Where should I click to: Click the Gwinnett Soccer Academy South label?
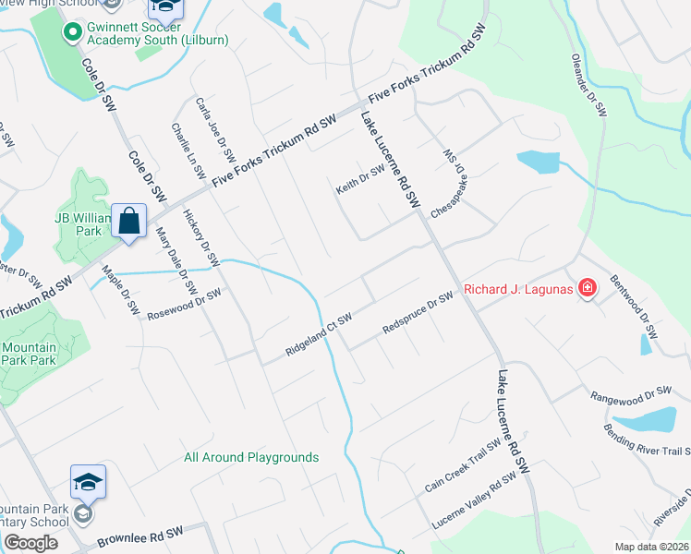click(157, 34)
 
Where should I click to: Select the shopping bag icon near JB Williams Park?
click(128, 222)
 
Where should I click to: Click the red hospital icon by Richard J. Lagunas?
click(586, 289)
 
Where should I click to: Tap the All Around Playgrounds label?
click(251, 457)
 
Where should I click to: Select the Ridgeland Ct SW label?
click(319, 335)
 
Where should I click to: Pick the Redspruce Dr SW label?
click(418, 314)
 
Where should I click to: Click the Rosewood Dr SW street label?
click(185, 306)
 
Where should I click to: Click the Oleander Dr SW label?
click(588, 81)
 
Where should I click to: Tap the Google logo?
click(30, 543)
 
